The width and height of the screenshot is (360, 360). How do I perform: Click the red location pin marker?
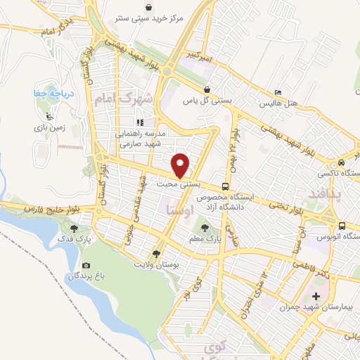[x=181, y=165]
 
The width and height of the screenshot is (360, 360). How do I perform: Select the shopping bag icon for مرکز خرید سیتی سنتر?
[x=148, y=8]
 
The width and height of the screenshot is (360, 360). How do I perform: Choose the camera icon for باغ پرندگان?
[x=86, y=266]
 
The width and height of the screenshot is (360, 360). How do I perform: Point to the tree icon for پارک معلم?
[x=205, y=228]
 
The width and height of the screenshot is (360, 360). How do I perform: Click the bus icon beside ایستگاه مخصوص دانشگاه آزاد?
[x=225, y=186]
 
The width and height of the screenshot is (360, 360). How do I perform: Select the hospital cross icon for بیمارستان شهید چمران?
[x=315, y=296]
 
